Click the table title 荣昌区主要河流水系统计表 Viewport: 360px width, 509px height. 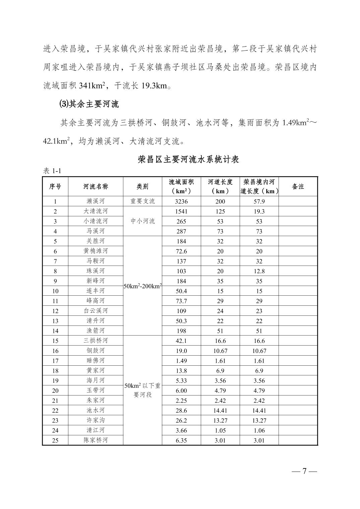coord(188,159)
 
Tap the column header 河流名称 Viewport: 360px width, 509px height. coord(96,187)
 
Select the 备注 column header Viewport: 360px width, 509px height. coord(298,187)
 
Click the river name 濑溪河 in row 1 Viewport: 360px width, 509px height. coord(96,201)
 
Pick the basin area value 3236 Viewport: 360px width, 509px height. coord(181,201)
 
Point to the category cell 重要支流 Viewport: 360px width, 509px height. coord(142,201)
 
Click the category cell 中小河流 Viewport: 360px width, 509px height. coord(142,221)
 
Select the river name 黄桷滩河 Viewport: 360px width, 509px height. coord(96,251)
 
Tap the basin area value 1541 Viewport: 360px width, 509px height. coord(181,211)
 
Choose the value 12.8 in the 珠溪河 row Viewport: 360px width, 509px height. coord(259,271)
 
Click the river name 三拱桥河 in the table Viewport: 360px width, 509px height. coord(96,341)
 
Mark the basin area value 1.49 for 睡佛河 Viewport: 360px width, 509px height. coord(181,361)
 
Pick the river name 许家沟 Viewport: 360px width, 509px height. coord(96,420)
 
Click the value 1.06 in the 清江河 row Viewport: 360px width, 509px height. coord(259,430)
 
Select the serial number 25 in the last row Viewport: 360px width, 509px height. coord(55,440)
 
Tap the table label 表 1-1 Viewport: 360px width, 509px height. coord(52,171)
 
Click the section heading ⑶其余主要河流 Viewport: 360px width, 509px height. coord(89,104)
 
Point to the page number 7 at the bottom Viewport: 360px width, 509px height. coord(304,471)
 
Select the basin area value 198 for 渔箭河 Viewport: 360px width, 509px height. coord(181,331)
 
